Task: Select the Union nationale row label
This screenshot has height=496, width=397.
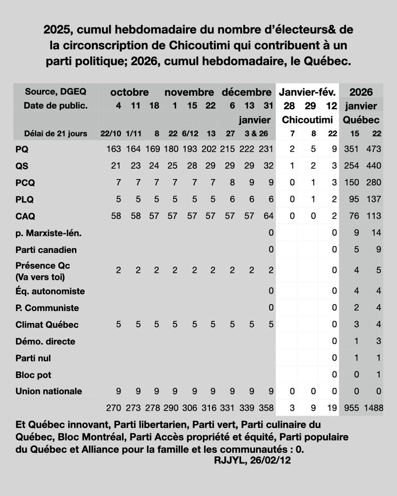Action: click(49, 391)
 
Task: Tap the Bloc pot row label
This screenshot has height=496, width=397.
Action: click(33, 375)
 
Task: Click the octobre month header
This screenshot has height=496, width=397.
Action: click(130, 92)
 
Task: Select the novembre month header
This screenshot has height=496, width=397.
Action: click(189, 92)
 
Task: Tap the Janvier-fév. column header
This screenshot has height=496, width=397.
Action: click(308, 92)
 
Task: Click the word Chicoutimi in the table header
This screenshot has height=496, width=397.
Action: click(308, 120)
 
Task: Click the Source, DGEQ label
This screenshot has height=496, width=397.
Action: click(55, 92)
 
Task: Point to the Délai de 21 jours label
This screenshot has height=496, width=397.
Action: click(56, 133)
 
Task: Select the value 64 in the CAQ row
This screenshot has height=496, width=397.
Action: click(268, 216)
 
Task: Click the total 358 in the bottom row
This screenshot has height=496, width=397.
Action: click(266, 408)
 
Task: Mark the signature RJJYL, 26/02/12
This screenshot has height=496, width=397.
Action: click(253, 460)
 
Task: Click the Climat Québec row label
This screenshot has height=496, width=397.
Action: click(47, 325)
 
